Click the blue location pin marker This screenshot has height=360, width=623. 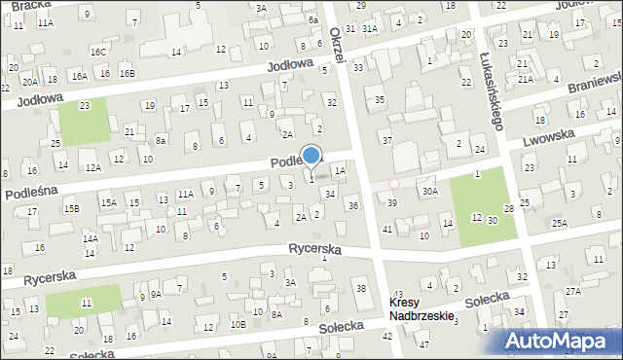(x=311, y=156)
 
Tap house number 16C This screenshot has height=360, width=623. (x=97, y=51)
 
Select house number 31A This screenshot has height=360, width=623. (x=370, y=29)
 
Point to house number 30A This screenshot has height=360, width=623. (x=429, y=192)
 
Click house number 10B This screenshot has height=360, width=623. (x=238, y=324)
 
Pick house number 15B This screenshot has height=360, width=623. (x=71, y=208)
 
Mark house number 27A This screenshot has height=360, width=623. (x=573, y=291)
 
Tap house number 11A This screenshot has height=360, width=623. (x=185, y=195)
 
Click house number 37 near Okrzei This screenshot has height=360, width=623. (x=386, y=141)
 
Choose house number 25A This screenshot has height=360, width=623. (x=559, y=223)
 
